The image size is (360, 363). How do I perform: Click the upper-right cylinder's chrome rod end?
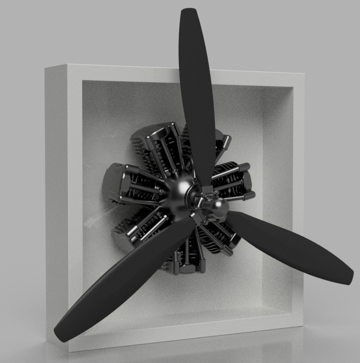[227, 141]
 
